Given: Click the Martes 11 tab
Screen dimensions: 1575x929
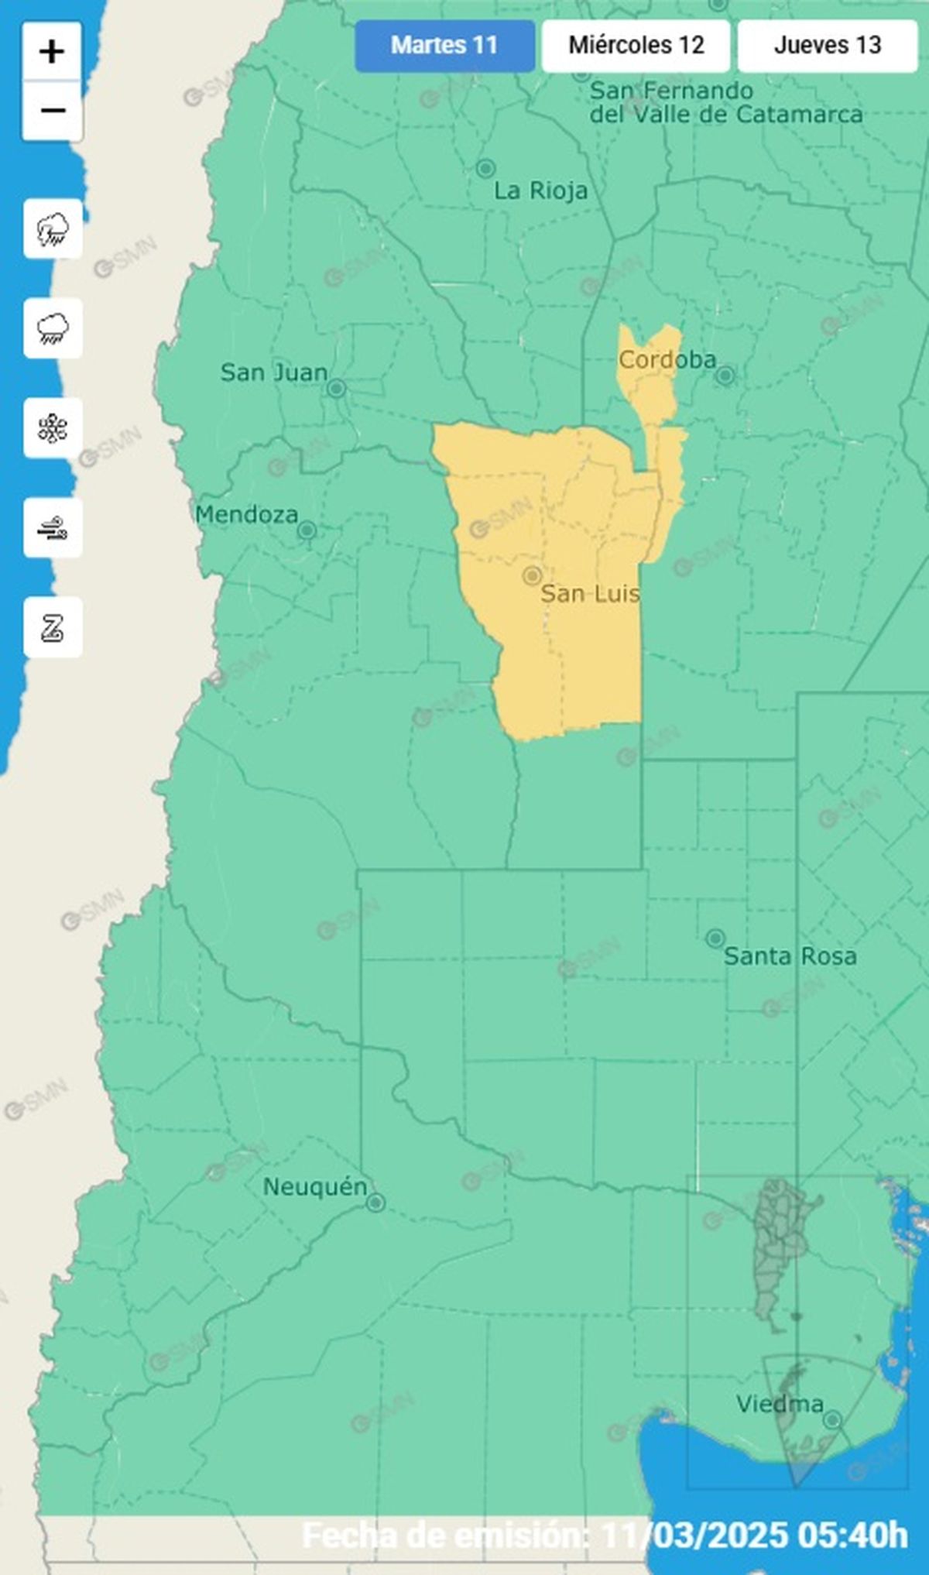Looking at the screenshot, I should (x=444, y=46).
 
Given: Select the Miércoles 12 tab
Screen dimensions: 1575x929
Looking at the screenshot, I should (x=636, y=46).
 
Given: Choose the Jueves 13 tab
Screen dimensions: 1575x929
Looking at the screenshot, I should (x=827, y=46).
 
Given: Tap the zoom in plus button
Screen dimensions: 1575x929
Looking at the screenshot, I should (x=52, y=53).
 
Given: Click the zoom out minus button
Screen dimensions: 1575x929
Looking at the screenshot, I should (x=52, y=111).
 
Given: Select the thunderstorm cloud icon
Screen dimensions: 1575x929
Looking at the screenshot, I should (x=53, y=229).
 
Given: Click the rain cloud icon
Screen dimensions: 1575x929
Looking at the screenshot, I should (x=53, y=328).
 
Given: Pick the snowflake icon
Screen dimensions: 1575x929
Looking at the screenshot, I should (x=53, y=428).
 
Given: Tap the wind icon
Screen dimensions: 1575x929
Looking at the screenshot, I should (x=53, y=528).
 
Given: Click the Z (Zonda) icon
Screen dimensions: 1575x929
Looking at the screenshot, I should (x=53, y=628).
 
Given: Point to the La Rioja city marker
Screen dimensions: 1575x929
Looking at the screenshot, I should (x=485, y=168).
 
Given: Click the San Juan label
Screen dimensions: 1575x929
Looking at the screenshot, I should (x=273, y=372).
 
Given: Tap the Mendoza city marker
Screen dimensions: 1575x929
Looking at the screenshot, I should (x=307, y=530).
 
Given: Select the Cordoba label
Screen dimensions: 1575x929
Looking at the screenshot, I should (x=667, y=360).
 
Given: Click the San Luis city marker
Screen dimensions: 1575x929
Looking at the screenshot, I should (x=532, y=575).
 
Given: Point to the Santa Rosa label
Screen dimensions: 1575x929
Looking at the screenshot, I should (x=790, y=956).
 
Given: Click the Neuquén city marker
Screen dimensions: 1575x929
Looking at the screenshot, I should (x=375, y=1203).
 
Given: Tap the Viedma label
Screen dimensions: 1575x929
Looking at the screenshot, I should (x=779, y=1404).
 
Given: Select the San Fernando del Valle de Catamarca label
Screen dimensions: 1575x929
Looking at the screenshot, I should (x=725, y=102).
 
